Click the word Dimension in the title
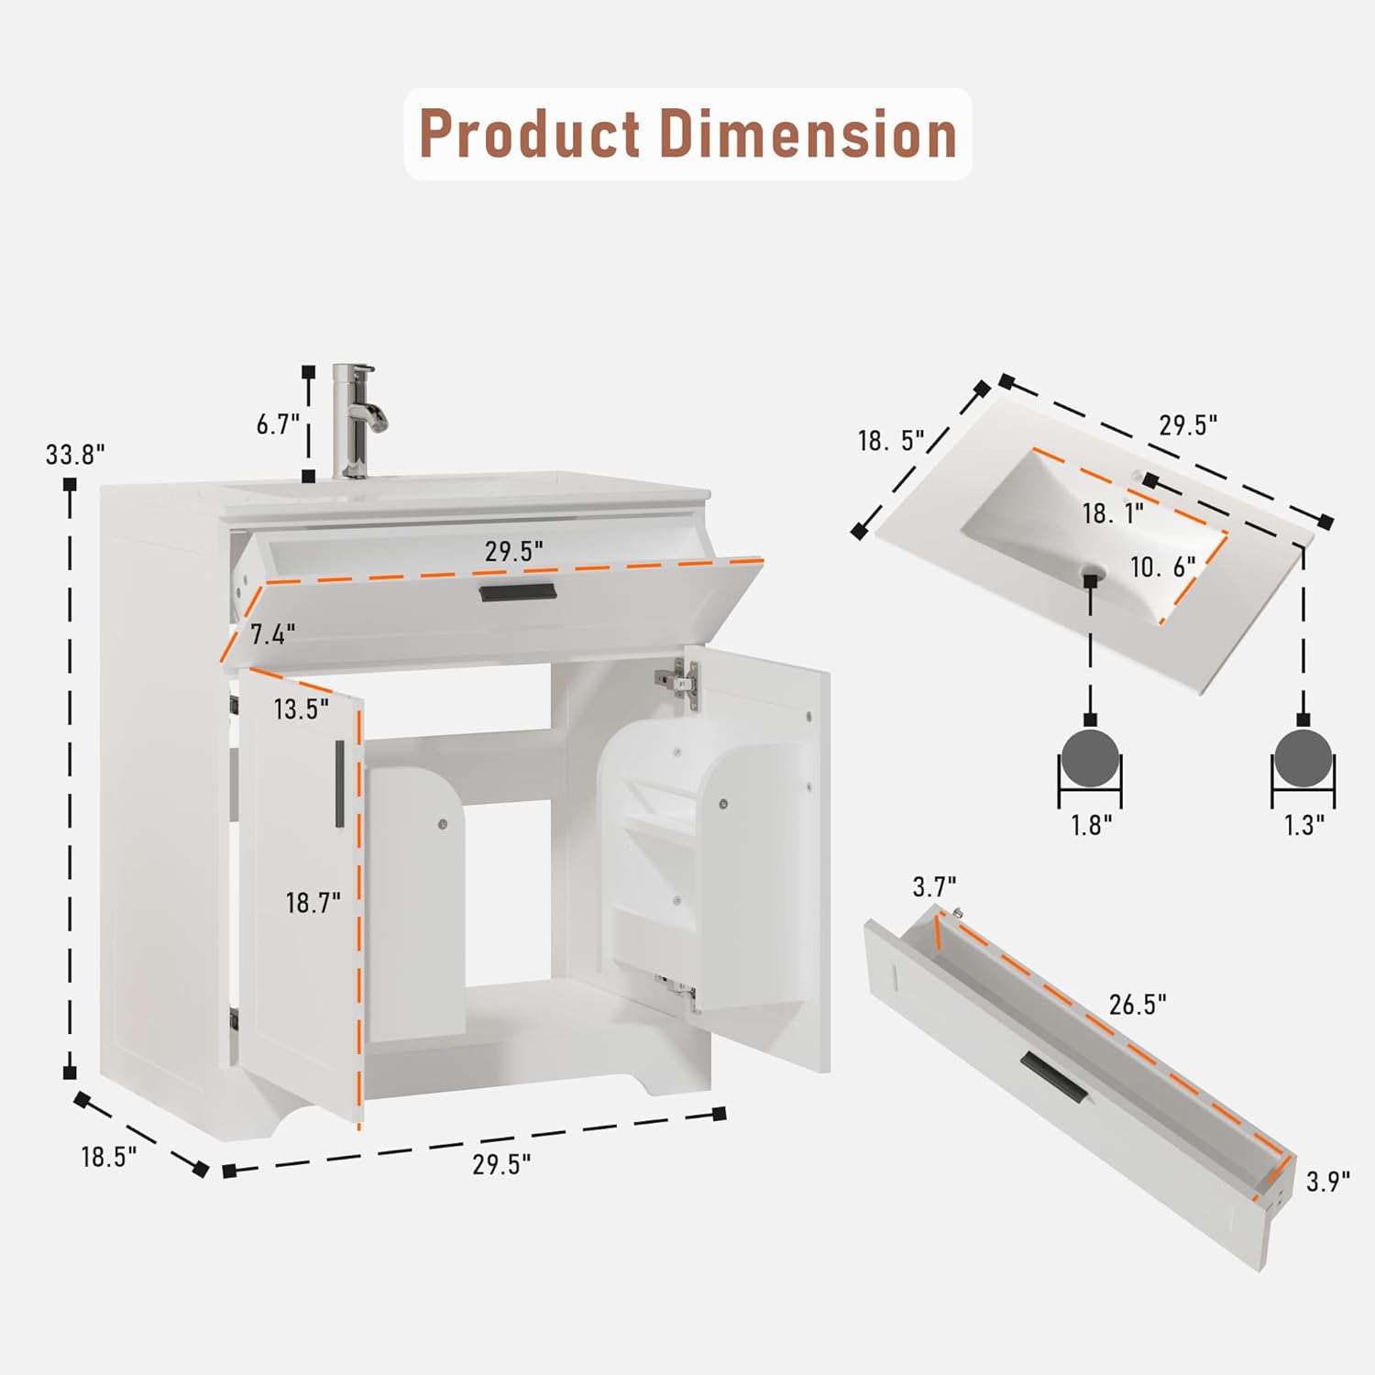pyautogui.click(x=808, y=134)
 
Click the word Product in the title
pyautogui.click(x=530, y=134)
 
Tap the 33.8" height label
pyautogui.click(x=76, y=454)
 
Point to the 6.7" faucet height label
pyautogui.click(x=278, y=424)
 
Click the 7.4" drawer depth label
pyautogui.click(x=273, y=633)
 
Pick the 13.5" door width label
pyautogui.click(x=301, y=709)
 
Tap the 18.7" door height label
pyautogui.click(x=313, y=903)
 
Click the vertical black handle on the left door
pyautogui.click(x=339, y=784)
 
